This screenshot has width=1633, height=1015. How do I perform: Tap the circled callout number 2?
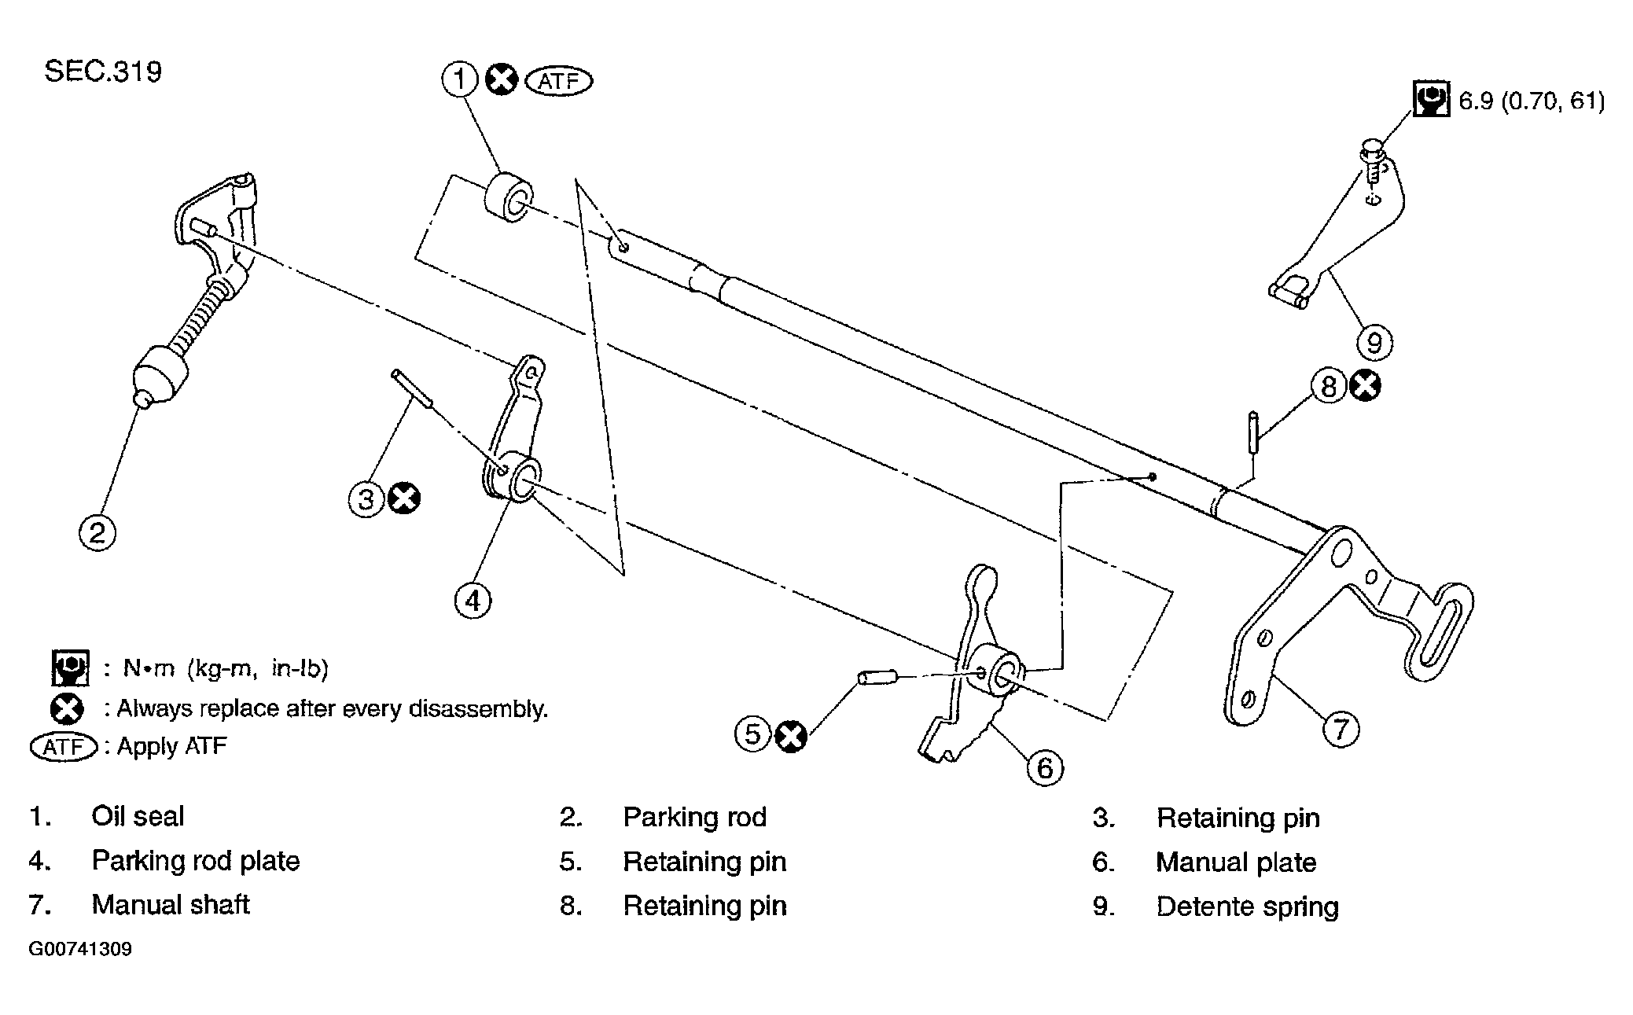[97, 532]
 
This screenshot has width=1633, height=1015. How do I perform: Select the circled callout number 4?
[473, 600]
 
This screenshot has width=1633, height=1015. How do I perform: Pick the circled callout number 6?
[1045, 767]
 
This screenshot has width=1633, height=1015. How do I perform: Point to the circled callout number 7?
[1341, 728]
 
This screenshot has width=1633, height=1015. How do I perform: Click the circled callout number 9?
[1374, 342]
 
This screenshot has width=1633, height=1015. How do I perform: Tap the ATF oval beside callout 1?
[558, 80]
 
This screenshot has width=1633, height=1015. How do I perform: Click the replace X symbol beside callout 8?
[1365, 386]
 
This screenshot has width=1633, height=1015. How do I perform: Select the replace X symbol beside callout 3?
[404, 498]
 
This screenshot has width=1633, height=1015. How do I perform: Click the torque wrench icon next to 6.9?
[1431, 99]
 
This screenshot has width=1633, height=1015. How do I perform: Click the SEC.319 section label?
[103, 72]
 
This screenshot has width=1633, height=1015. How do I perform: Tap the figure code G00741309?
[80, 949]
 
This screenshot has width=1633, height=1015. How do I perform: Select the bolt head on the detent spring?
[1371, 148]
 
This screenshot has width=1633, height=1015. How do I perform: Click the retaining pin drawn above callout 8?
[1252, 432]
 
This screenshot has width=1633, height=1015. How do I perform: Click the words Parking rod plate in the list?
[196, 861]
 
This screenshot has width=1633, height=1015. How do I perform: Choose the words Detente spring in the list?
[1247, 906]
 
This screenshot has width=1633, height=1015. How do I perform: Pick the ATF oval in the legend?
[63, 746]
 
